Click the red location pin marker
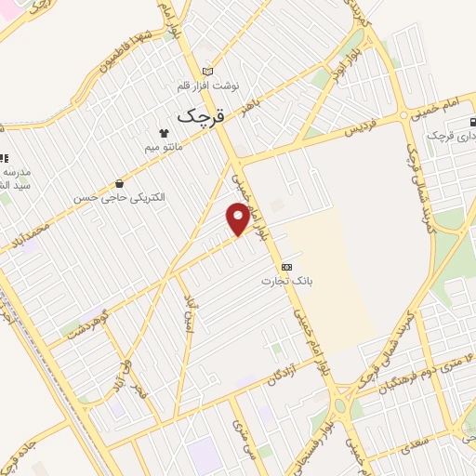pyautogui.click(x=238, y=218)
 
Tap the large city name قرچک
pyautogui.click(x=199, y=117)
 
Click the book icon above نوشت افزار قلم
pyautogui.click(x=207, y=72)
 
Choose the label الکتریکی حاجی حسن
pyautogui.click(x=120, y=198)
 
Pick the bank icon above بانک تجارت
pyautogui.click(x=285, y=267)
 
